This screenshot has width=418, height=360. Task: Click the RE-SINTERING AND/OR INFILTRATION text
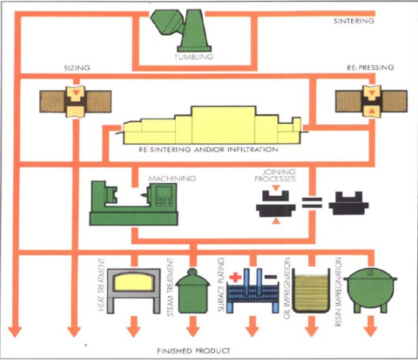coord(208,150)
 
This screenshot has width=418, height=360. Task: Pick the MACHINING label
coord(172,179)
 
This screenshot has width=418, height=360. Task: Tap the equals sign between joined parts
coord(312,205)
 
